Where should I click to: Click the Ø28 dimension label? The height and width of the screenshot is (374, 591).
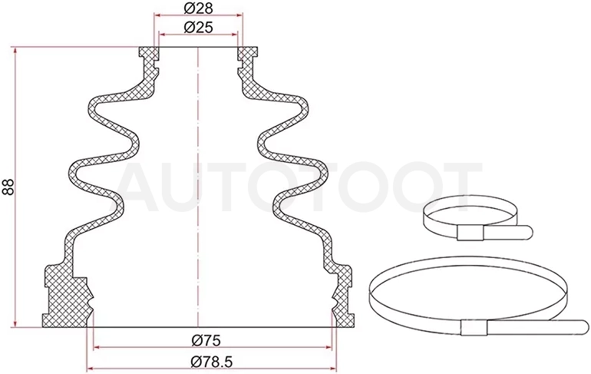click(x=198, y=8)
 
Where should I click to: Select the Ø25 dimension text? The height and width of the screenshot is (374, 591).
click(x=198, y=27)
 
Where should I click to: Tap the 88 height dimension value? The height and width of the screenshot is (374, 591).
click(x=8, y=187)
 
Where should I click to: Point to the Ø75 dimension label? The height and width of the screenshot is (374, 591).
click(x=206, y=340)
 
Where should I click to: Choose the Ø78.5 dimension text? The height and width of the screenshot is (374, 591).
click(x=212, y=362)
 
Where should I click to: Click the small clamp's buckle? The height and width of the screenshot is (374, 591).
click(x=470, y=233)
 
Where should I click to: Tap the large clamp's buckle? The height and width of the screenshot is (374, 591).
click(x=474, y=327)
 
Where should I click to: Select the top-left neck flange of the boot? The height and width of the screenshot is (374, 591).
click(x=148, y=54)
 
